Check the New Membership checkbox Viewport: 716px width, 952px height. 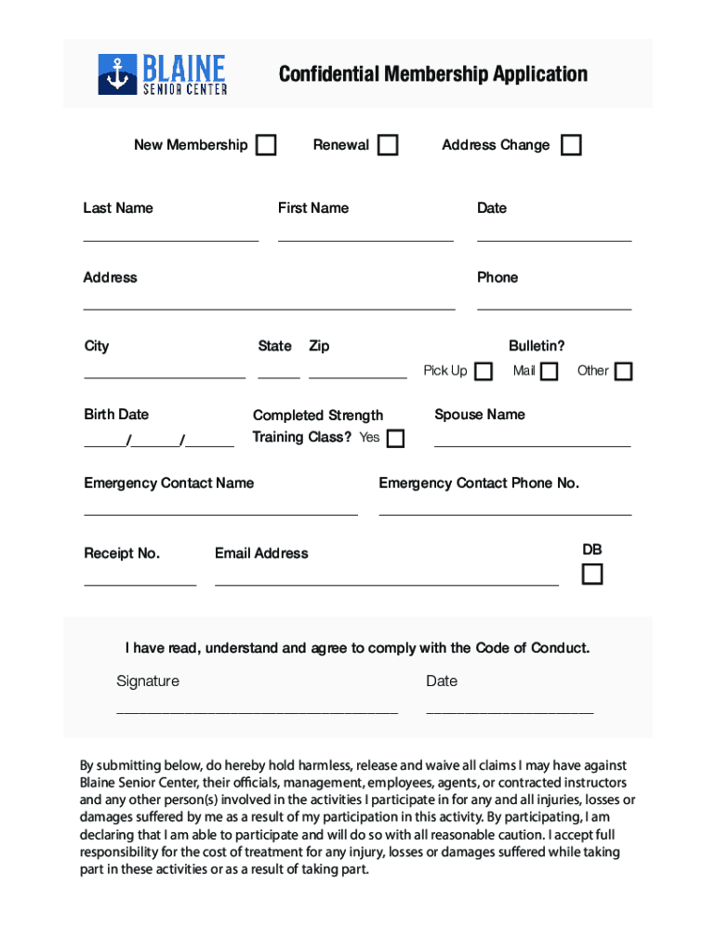pyautogui.click(x=266, y=145)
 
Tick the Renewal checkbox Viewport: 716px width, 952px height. pyautogui.click(x=388, y=145)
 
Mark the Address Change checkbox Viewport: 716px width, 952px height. pyautogui.click(x=571, y=145)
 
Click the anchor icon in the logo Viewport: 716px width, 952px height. pyautogui.click(x=117, y=75)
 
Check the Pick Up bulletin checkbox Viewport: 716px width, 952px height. pyautogui.click(x=484, y=371)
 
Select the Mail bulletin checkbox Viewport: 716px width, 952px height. pyautogui.click(x=550, y=371)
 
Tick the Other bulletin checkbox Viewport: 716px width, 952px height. pyautogui.click(x=623, y=371)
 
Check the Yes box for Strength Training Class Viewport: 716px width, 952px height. pyautogui.click(x=395, y=438)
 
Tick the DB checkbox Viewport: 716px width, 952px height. pyautogui.click(x=592, y=575)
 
